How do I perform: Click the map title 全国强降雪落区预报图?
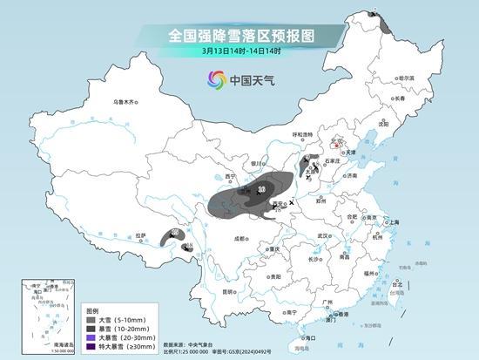[239, 35]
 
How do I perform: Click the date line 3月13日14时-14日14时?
[239, 51]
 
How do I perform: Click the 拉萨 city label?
[141, 236]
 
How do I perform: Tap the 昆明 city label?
[229, 290]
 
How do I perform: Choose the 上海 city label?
[393, 221]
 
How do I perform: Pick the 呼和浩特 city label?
[302, 134]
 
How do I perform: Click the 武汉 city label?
[324, 235]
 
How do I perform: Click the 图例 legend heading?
[92, 309]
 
